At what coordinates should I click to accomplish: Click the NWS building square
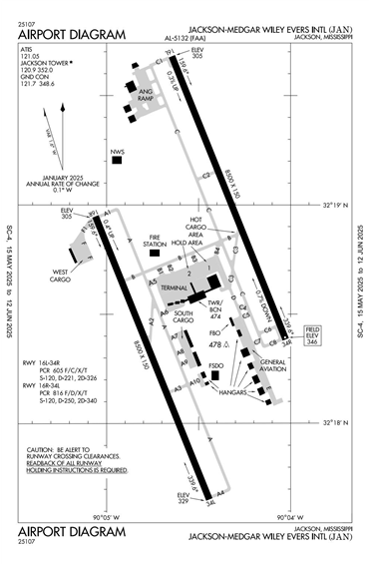[117, 158]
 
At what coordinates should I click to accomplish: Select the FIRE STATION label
[154, 240]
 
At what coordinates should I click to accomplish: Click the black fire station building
[155, 253]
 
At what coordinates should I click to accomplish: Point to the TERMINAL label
[176, 286]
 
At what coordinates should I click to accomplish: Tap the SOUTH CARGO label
[183, 317]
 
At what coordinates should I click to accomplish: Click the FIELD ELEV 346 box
[313, 337]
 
